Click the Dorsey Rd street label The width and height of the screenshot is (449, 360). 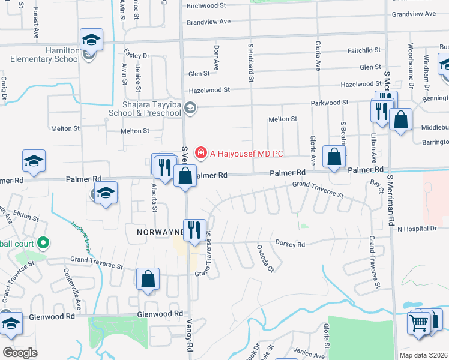coord(291,244)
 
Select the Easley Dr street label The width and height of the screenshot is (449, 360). coord(136,56)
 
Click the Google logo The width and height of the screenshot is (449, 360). coord(20,353)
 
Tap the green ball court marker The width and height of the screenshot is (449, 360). coord(43,244)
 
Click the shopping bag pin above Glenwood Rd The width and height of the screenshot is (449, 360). coord(148,280)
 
